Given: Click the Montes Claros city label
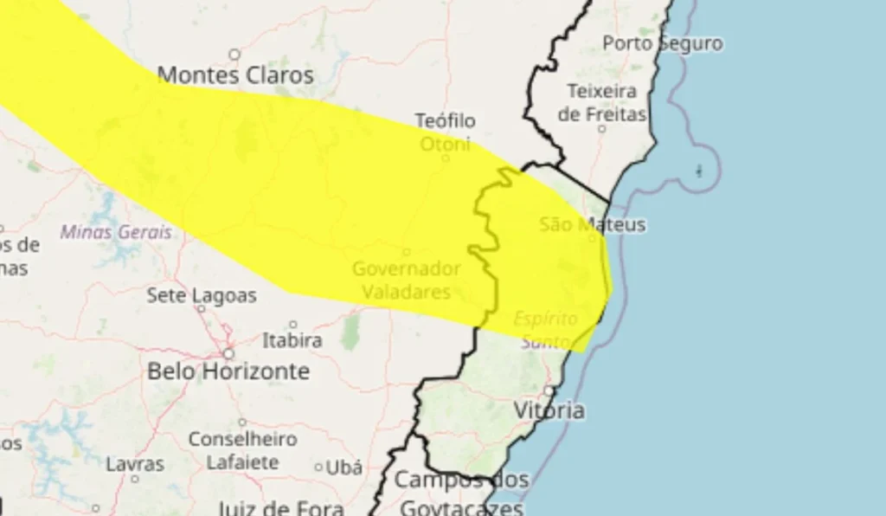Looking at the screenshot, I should click(235, 75).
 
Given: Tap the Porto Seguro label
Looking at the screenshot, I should click(663, 43).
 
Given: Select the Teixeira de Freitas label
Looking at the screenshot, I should click(602, 101).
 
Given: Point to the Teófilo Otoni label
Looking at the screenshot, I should click(445, 132).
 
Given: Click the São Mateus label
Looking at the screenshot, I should click(593, 225).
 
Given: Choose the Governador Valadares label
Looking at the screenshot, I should click(406, 281).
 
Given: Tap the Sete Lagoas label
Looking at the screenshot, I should click(202, 295).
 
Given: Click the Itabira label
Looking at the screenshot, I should click(292, 340).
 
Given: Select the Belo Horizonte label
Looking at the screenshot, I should click(228, 371).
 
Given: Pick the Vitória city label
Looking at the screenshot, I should click(549, 410).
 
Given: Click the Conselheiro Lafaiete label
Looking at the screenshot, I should click(242, 450).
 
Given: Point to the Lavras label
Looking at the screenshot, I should click(135, 465).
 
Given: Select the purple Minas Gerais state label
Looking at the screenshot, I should click(116, 233).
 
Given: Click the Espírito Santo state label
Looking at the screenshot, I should click(545, 330).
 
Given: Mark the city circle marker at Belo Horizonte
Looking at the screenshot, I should click(228, 353).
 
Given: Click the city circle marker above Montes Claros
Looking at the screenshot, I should click(234, 55).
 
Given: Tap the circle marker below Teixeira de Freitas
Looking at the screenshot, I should click(602, 128).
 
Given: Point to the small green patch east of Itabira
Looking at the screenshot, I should click(350, 331).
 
